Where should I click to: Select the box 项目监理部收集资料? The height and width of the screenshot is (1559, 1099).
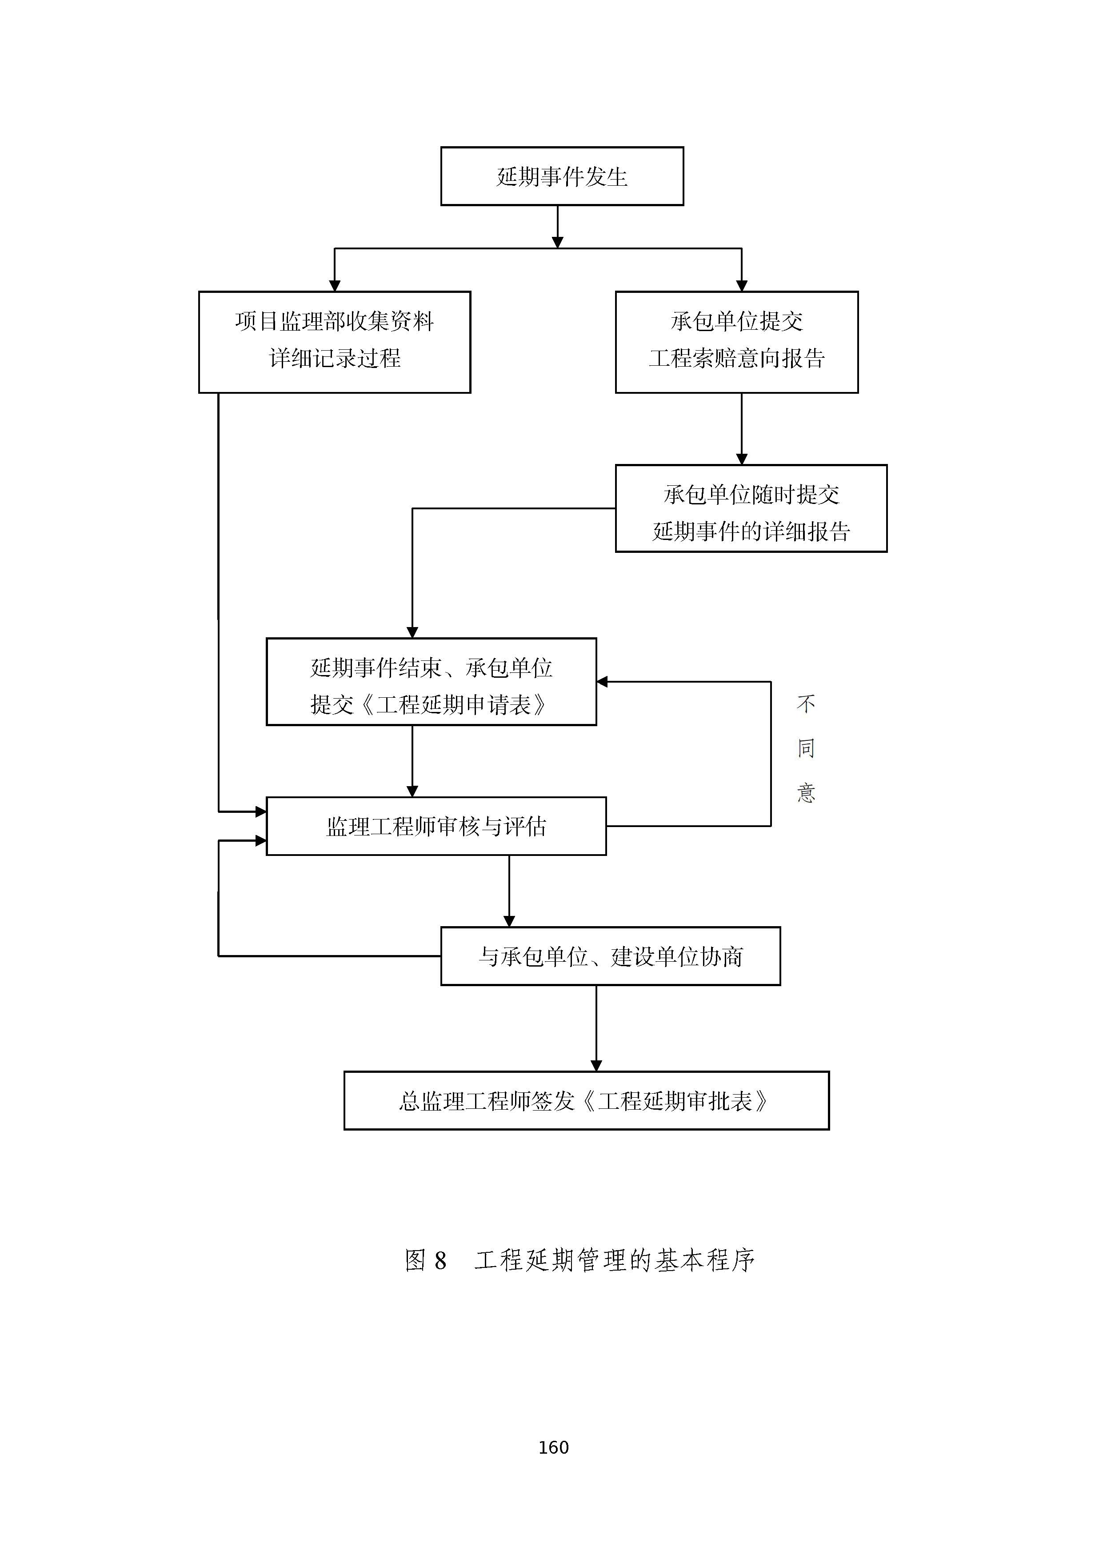pyautogui.click(x=334, y=342)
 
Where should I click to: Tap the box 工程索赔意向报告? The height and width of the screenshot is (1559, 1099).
pyautogui.click(x=736, y=342)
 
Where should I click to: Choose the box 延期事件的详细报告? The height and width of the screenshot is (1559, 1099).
pyautogui.click(x=750, y=508)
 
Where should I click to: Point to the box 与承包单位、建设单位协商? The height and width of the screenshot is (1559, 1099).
pyautogui.click(x=610, y=955)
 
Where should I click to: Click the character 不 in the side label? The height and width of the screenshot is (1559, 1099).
pyautogui.click(x=805, y=704)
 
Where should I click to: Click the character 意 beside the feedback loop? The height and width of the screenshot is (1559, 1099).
pyautogui.click(x=805, y=792)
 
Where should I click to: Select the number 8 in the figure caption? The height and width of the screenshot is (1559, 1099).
pyautogui.click(x=440, y=1261)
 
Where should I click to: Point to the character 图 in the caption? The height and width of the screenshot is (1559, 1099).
pyautogui.click(x=416, y=1260)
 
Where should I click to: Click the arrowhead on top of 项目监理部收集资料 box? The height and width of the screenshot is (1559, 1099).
pyautogui.click(x=334, y=286)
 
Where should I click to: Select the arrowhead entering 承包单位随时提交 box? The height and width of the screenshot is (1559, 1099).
pyautogui.click(x=741, y=459)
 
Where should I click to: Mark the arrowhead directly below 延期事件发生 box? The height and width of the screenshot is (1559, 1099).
pyautogui.click(x=557, y=242)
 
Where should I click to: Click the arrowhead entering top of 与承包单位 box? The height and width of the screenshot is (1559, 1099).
pyautogui.click(x=509, y=921)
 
